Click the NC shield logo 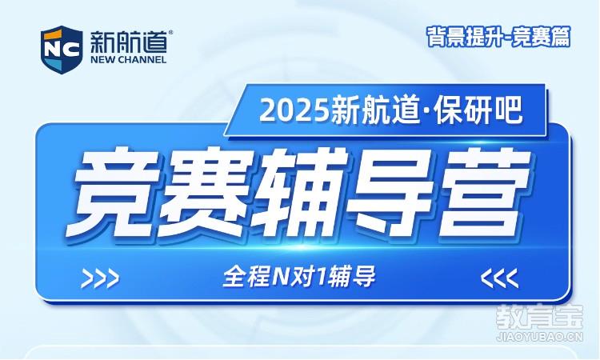pos(62,50)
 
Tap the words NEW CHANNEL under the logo pos(128,60)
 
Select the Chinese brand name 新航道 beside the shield pos(129,42)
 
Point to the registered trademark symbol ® pos(170,33)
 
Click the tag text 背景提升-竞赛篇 pos(498,37)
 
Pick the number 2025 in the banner pos(294,111)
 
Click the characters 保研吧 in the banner pos(478,110)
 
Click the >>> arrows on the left pos(100,278)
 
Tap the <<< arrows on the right pos(500,278)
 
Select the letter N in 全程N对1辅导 pos(280,276)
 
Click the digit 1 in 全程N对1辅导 pos(318,276)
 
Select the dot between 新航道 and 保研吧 pos(427,112)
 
